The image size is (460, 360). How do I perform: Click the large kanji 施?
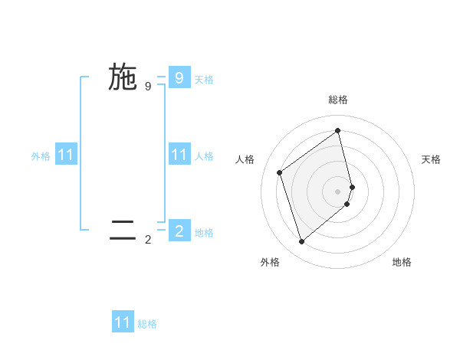coord(123,77)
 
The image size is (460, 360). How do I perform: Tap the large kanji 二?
coord(123,231)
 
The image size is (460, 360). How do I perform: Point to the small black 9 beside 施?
coord(148,86)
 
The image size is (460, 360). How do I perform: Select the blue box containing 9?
coord(179,77)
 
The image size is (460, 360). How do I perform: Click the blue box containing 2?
coord(179,230)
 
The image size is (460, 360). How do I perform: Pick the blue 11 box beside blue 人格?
coord(179,155)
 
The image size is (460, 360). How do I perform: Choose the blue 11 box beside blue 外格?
coord(66,155)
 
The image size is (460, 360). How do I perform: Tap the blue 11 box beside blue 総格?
coord(123,322)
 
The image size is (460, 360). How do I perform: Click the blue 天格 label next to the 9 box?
coord(204,80)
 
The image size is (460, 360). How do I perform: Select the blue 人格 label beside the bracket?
coord(204,156)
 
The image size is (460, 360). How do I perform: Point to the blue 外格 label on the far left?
coord(41,156)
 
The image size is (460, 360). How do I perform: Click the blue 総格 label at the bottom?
coord(147,324)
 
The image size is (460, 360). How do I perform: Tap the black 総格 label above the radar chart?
coord(338,100)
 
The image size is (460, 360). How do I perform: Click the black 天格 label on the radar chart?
coord(431,159)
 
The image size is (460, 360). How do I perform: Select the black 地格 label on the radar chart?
coord(402,262)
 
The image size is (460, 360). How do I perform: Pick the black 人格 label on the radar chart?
coord(245,159)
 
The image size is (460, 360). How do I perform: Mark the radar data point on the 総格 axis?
coord(338,130)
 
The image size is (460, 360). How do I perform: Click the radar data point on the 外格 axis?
coord(301,242)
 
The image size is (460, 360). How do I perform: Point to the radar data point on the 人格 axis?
coord(280,172)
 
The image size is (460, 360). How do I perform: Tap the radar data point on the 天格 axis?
coord(352,186)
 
